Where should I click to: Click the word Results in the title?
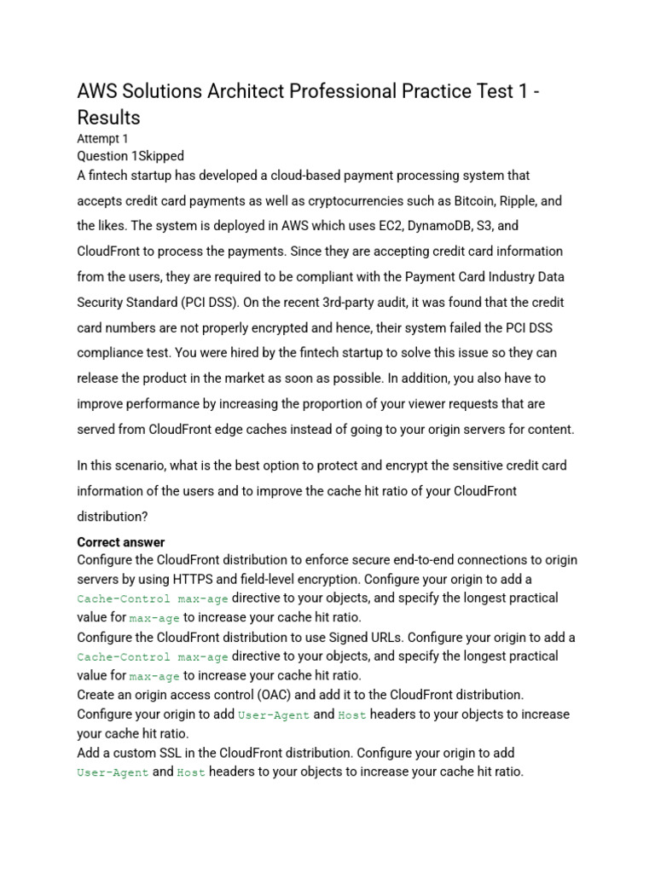[108, 116]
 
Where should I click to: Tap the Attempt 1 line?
[102, 138]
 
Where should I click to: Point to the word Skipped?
[158, 156]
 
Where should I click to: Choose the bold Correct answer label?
[121, 542]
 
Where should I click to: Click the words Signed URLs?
[366, 638]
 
